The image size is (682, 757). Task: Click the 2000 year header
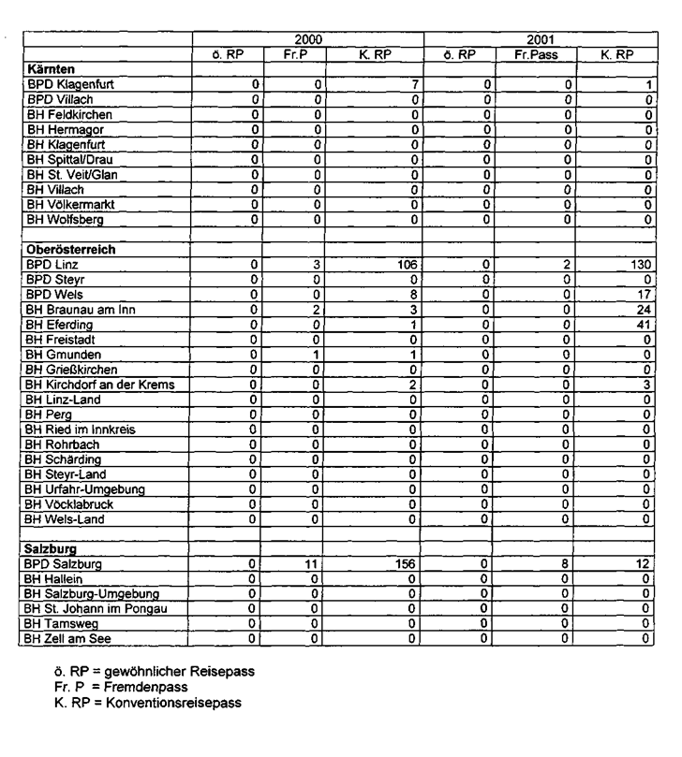[x=307, y=40]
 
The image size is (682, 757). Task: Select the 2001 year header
[x=539, y=40]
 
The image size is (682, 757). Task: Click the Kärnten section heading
[x=52, y=69]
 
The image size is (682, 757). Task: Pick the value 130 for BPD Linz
[x=641, y=265]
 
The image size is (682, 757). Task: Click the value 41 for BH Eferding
[x=645, y=325]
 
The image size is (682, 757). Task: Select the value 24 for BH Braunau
[x=645, y=310]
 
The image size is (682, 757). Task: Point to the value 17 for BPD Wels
[x=645, y=295]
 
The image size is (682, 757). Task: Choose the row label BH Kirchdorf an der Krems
[x=100, y=385]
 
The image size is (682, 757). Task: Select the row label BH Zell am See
[x=74, y=639]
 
